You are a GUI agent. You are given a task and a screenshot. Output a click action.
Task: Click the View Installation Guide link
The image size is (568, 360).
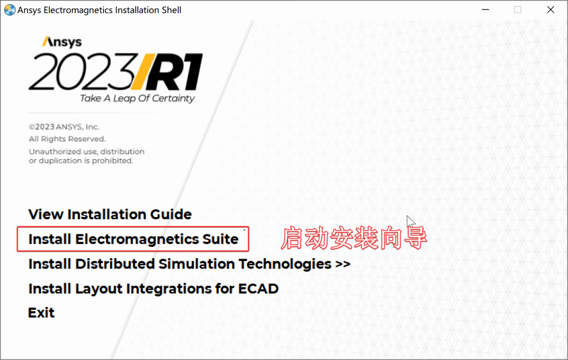pyautogui.click(x=110, y=214)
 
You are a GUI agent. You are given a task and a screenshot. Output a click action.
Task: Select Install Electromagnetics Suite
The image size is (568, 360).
pyautogui.click(x=133, y=239)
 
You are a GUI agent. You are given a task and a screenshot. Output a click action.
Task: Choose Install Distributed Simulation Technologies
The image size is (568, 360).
pyautogui.click(x=179, y=264)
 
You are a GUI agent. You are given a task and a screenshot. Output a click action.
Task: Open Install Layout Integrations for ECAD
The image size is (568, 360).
pyautogui.click(x=153, y=289)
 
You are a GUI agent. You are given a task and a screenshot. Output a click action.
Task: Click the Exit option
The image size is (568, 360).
pyautogui.click(x=41, y=313)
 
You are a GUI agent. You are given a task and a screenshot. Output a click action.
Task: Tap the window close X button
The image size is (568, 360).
pyautogui.click(x=550, y=9)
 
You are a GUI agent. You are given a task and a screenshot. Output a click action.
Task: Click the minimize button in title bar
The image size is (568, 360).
pyautogui.click(x=485, y=9)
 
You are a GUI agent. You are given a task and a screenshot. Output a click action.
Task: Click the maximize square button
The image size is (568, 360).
pyautogui.click(x=518, y=9)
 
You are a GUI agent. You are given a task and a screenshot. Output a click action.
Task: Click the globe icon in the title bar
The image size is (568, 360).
pyautogui.click(x=9, y=10)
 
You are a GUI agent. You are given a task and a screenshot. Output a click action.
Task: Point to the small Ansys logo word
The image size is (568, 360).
pyautogui.click(x=62, y=42)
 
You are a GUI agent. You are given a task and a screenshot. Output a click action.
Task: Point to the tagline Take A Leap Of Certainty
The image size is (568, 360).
pyautogui.click(x=137, y=98)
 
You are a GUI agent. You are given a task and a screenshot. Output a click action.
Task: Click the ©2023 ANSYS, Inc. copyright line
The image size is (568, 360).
pyautogui.click(x=64, y=127)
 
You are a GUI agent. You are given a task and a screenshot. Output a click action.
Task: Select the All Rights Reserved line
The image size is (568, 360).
pyautogui.click(x=67, y=139)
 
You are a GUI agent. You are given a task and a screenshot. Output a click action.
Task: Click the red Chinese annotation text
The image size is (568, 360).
pyautogui.click(x=353, y=239)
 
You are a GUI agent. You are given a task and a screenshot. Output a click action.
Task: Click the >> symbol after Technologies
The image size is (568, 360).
pyautogui.click(x=342, y=264)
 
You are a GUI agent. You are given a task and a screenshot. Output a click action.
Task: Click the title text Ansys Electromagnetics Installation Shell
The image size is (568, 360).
pyautogui.click(x=99, y=10)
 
